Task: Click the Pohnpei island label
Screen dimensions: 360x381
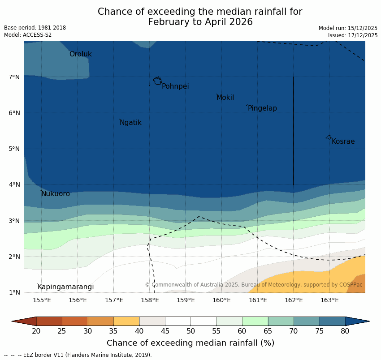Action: (175, 86)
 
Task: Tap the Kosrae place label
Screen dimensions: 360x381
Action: (343, 141)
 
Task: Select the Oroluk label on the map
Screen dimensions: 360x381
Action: (81, 54)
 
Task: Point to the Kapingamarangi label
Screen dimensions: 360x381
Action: (66, 287)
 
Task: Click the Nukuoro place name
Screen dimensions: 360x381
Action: (56, 194)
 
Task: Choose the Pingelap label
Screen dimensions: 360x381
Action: (262, 108)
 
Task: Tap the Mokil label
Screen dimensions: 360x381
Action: (225, 98)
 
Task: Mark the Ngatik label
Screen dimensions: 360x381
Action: (130, 123)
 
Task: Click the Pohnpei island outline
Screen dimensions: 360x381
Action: (157, 81)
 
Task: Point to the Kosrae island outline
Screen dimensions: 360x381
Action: (329, 137)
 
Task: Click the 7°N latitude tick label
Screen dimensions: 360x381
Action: (14, 77)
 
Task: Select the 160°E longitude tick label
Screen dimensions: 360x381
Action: (221, 300)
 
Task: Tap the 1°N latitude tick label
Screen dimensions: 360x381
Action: (14, 293)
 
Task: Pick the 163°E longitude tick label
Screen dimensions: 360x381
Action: (329, 300)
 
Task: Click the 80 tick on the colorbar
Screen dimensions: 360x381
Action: (345, 331)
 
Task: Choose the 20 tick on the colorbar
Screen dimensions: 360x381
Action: (36, 331)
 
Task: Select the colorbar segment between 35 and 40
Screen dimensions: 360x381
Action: (126, 321)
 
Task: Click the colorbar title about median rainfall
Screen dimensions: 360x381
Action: (190, 343)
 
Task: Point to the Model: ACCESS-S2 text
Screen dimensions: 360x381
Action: (28, 35)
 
